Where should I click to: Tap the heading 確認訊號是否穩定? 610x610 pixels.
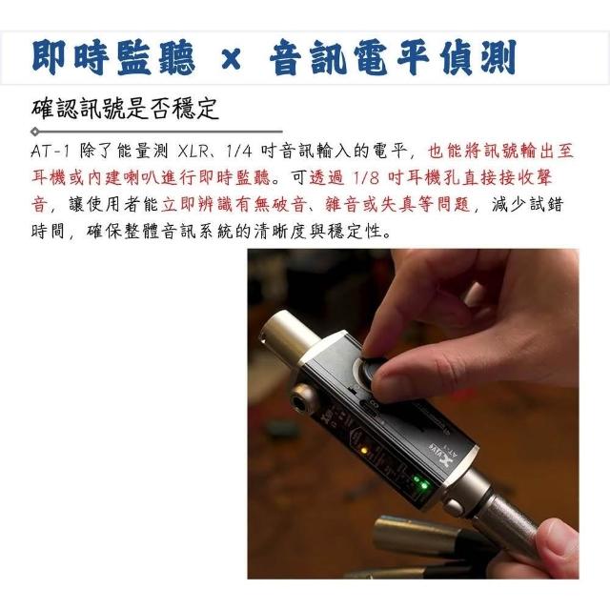(x=125, y=109)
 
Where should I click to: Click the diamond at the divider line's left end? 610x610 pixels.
(x=35, y=132)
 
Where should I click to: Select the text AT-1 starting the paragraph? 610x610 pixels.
(x=50, y=151)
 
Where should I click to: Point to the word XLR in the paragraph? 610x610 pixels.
(x=193, y=151)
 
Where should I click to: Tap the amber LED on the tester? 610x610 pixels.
(x=364, y=451)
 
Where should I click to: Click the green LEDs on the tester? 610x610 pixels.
(x=421, y=482)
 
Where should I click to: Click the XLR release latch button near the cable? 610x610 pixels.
(x=454, y=507)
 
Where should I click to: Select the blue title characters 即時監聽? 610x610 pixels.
(x=113, y=58)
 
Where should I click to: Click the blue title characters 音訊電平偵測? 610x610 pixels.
(x=393, y=58)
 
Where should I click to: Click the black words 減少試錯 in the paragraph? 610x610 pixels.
(x=527, y=204)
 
